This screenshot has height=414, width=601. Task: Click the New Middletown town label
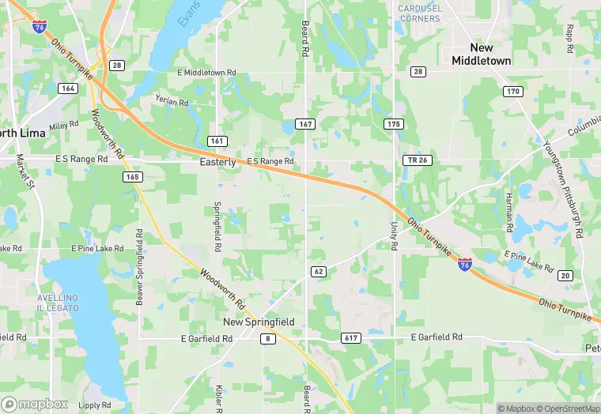[x=481, y=54]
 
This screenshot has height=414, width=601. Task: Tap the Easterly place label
[x=217, y=162]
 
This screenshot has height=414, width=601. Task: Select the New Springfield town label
[x=259, y=322]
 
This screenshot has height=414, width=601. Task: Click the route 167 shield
[x=306, y=124]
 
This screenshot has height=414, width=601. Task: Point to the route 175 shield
[x=393, y=124]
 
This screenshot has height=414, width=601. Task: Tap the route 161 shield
[x=217, y=141]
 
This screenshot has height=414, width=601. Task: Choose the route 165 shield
[x=132, y=176]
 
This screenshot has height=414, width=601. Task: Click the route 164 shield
[x=68, y=88]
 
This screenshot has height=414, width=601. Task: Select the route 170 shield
[x=513, y=92]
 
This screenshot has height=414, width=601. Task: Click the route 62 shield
[x=319, y=271]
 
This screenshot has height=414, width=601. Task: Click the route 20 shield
[x=565, y=275]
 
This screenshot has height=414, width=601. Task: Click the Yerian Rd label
[x=172, y=103]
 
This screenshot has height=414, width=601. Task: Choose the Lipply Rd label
[x=94, y=405]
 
